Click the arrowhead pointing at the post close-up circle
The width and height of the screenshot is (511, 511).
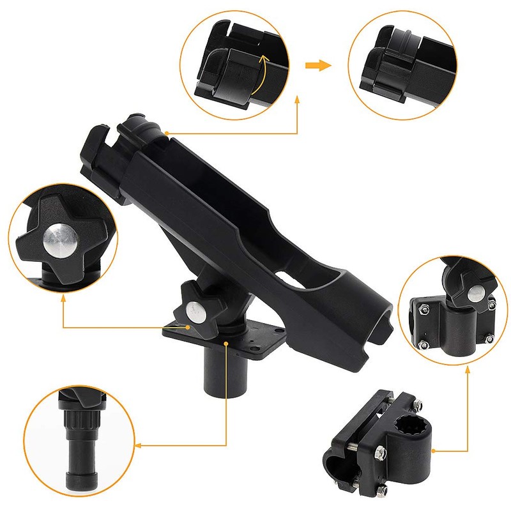point(140,445)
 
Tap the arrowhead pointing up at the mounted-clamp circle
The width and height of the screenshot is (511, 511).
point(469,369)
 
